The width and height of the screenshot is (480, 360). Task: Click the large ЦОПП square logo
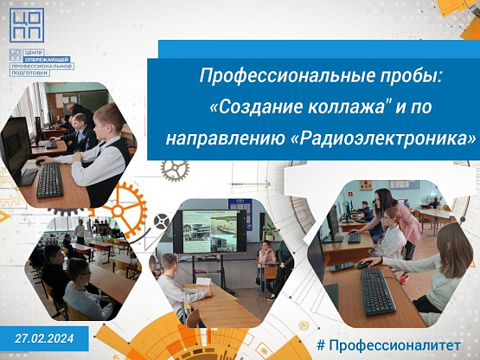tap(27, 25)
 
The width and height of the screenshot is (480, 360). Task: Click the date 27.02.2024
tap(44, 338)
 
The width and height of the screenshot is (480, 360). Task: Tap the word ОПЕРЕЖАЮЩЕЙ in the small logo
tap(48, 59)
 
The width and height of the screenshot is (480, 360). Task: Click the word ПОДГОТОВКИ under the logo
tap(29, 73)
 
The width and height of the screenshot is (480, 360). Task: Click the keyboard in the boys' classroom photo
tap(49, 180)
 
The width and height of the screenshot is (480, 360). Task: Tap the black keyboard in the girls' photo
tap(378, 291)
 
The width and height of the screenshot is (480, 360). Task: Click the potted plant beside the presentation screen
tap(271, 230)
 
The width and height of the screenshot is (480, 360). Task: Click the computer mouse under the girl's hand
tap(363, 265)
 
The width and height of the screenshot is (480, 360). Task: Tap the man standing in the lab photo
tap(80, 230)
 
